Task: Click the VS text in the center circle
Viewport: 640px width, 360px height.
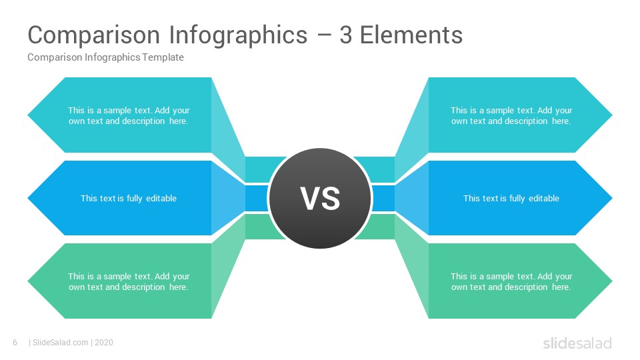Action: tap(321, 199)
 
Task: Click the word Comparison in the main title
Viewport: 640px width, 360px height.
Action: tap(94, 35)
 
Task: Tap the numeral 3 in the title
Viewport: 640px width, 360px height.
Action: tap(345, 35)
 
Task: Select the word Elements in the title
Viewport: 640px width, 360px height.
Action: tap(411, 35)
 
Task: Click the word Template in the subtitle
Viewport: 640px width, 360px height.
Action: tap(163, 57)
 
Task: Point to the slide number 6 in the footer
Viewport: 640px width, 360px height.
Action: tap(15, 343)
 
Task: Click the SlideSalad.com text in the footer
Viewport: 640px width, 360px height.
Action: tap(61, 343)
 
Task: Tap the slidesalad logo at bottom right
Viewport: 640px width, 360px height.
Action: tap(577, 343)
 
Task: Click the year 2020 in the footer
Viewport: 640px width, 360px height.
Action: tap(104, 343)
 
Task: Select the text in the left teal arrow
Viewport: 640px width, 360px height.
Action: tap(129, 115)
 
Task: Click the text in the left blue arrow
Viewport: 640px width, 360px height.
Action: tap(129, 199)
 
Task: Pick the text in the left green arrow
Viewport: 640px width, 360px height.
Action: tap(129, 281)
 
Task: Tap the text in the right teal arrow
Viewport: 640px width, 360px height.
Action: tap(511, 115)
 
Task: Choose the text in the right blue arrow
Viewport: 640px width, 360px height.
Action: tap(511, 199)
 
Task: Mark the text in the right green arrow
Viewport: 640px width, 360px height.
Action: tap(511, 281)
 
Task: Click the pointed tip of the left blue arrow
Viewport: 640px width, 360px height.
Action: tap(28, 198)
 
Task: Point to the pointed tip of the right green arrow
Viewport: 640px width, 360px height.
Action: tap(612, 281)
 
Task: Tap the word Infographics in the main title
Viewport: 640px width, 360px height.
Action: tap(238, 35)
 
